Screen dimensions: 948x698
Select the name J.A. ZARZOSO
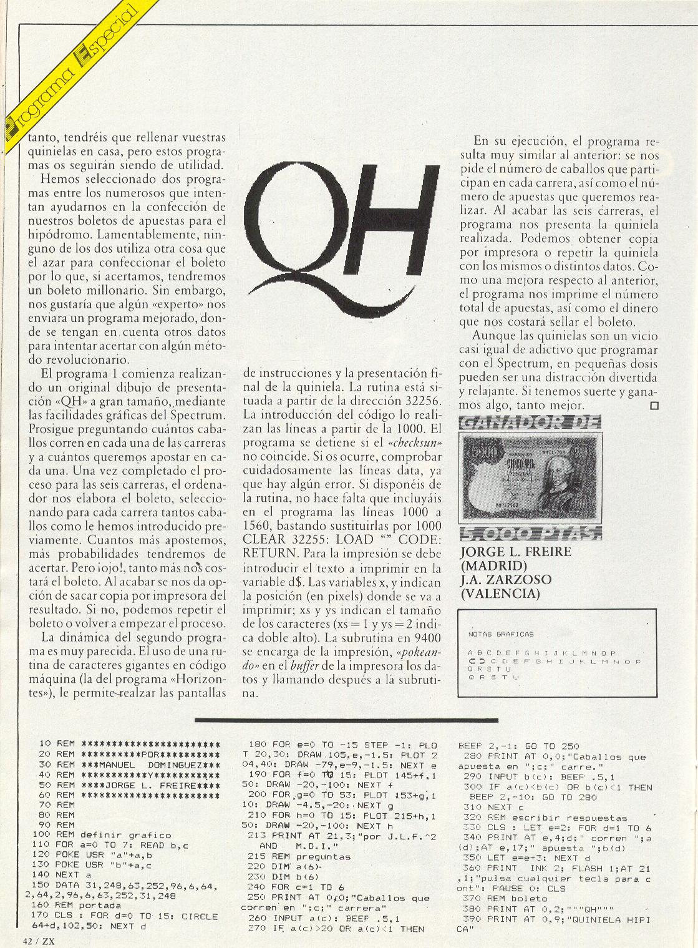click(505, 580)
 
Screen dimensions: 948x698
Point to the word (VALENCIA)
click(500, 594)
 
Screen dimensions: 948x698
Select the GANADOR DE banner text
click(529, 424)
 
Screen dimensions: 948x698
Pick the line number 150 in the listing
click(45, 884)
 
